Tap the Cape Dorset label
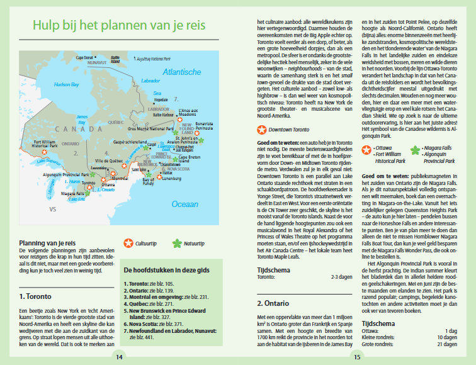tap(85, 57)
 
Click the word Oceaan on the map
tap(184, 204)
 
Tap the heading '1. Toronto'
tap(35, 296)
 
